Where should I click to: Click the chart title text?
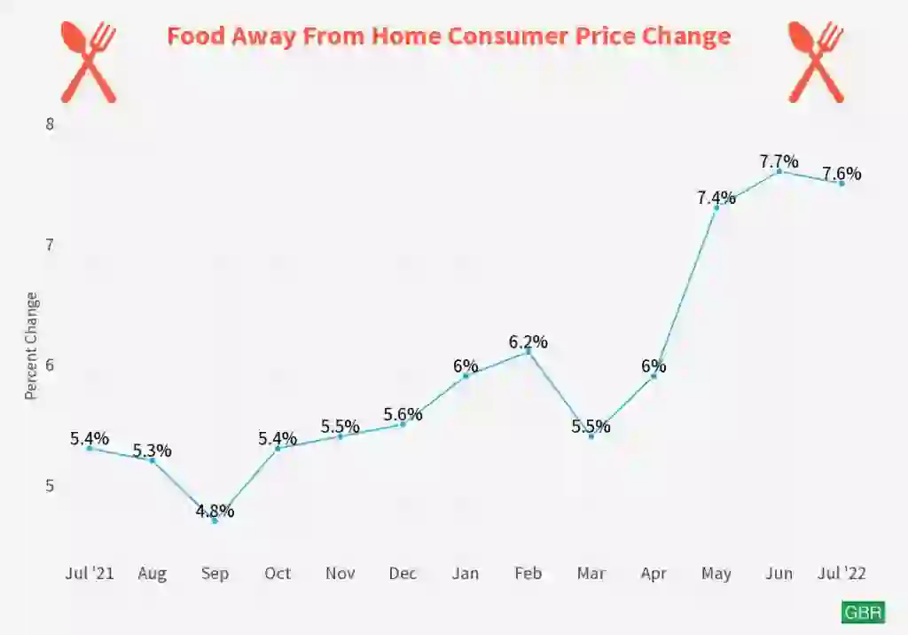[449, 36]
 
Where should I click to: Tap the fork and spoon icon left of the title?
[89, 61]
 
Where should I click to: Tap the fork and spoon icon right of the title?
[816, 61]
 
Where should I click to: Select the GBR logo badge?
[863, 613]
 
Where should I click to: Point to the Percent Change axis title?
[32, 345]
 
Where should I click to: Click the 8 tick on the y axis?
[50, 124]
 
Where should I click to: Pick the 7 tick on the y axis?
[50, 245]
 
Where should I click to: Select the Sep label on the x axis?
[215, 574]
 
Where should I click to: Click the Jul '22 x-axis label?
[841, 574]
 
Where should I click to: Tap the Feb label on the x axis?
[528, 574]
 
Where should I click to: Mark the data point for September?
[215, 521]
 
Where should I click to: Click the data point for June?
[779, 171]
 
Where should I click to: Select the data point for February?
[528, 352]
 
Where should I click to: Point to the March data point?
[591, 436]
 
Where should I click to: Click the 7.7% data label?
[779, 161]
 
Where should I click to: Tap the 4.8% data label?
[215, 511]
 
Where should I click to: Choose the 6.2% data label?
[528, 341]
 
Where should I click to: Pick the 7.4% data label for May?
[716, 198]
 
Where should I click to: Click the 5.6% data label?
[403, 414]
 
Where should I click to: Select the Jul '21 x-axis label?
[90, 574]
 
